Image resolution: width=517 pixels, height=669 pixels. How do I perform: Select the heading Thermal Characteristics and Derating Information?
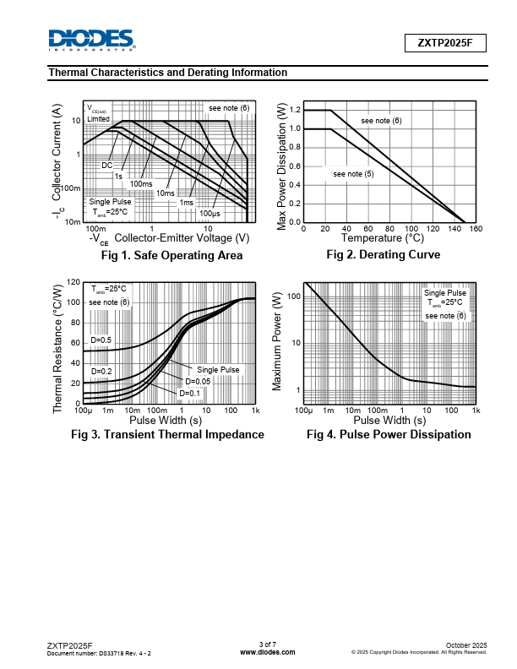click(168, 73)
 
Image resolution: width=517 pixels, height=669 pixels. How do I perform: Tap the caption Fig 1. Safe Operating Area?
click(171, 255)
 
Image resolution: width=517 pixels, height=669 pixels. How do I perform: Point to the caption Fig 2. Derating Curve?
click(384, 254)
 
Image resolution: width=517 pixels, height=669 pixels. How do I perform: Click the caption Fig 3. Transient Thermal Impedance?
click(167, 434)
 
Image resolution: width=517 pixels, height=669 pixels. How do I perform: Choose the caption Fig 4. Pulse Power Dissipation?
click(389, 434)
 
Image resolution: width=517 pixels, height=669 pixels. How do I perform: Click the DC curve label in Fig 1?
click(107, 166)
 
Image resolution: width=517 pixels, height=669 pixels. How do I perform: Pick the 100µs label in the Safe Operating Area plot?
click(210, 213)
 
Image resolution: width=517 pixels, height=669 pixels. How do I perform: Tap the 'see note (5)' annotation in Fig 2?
click(353, 174)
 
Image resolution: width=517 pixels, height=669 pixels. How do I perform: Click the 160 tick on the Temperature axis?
click(476, 229)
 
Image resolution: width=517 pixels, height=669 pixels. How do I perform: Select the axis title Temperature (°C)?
click(383, 239)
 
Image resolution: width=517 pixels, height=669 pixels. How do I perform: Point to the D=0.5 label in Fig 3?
click(101, 340)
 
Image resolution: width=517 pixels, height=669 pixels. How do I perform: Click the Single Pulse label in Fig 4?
click(444, 292)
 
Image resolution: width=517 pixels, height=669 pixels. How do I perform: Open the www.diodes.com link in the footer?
click(268, 652)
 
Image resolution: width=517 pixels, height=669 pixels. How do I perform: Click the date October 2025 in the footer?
click(465, 645)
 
